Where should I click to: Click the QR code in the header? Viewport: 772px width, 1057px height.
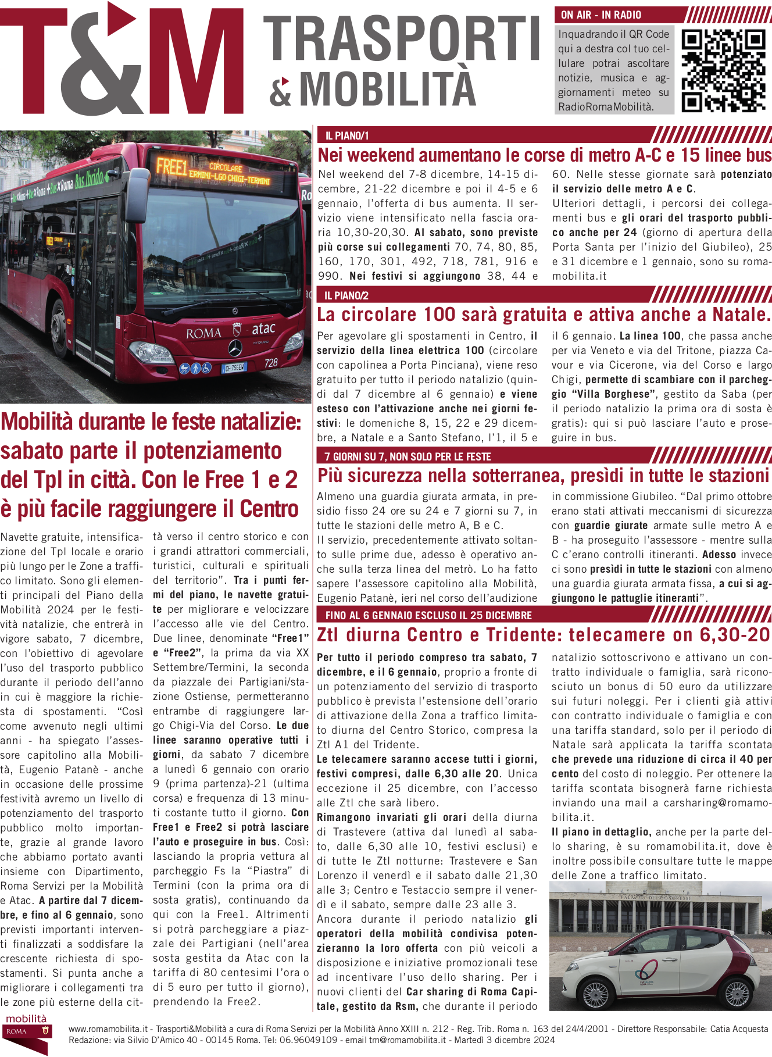[x=723, y=70]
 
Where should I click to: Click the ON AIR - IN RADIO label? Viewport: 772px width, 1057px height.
[x=601, y=15]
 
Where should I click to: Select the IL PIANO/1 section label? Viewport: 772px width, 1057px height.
[x=347, y=136]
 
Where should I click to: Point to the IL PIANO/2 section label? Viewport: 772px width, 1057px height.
[x=346, y=295]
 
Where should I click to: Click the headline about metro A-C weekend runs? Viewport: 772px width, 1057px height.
[x=544, y=155]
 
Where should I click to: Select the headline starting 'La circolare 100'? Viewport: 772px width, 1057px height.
[x=543, y=315]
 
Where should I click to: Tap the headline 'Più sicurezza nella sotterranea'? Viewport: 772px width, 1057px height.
[x=543, y=476]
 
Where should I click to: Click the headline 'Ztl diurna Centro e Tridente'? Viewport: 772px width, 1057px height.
[x=543, y=635]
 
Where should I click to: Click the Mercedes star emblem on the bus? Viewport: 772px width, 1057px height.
[x=235, y=348]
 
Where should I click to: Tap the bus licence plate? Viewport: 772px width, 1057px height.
[x=234, y=367]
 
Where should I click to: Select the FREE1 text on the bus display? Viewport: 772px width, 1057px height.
[x=171, y=167]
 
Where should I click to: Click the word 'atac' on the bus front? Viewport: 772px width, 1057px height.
[x=263, y=328]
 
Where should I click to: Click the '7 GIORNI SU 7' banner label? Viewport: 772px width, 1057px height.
[x=408, y=456]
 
